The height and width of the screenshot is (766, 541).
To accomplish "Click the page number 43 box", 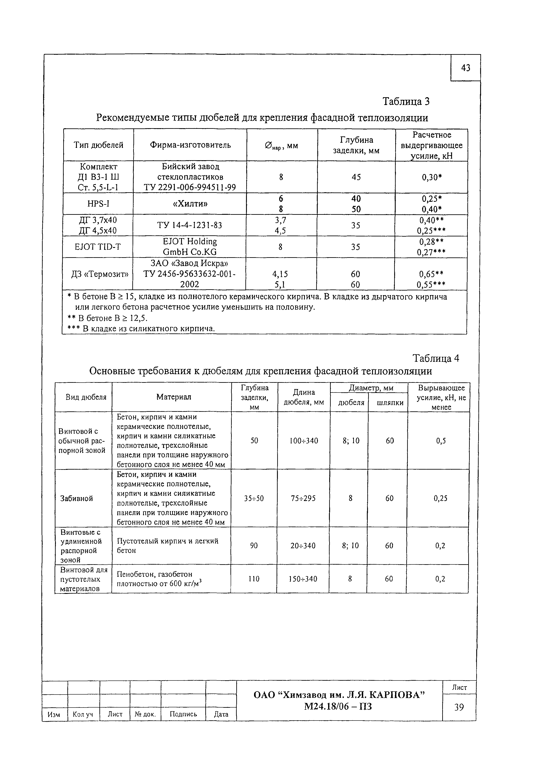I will [466, 68].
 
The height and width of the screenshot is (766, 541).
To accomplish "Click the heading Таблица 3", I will [406, 101].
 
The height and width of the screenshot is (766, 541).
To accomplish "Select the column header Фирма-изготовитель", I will [190, 145].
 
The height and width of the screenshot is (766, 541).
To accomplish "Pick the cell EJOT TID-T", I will [98, 247].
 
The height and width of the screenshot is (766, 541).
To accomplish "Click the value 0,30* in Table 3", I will [432, 177].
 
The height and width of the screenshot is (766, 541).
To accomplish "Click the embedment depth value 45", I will [356, 177].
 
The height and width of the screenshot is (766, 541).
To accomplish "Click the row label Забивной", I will [76, 498].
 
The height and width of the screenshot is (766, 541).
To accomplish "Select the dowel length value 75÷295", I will [303, 498].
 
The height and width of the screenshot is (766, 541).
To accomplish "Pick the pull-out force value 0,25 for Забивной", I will [440, 498].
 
